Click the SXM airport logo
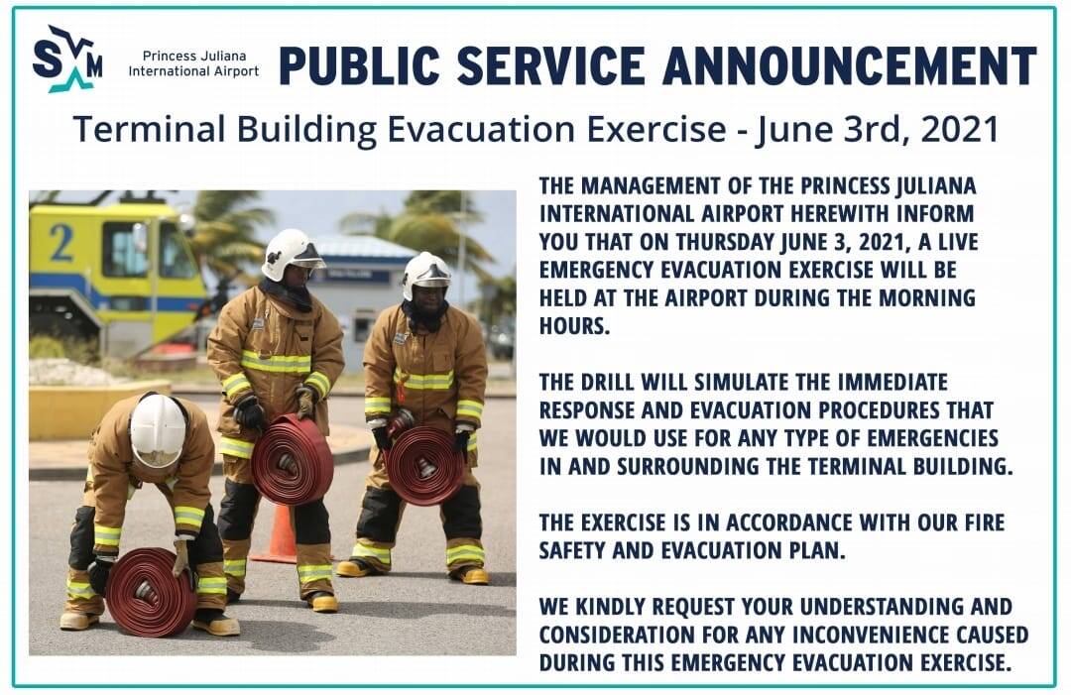[67, 59]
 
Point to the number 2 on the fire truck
[62, 242]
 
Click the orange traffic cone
[280, 533]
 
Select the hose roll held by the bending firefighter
[151, 591]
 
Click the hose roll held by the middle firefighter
[292, 459]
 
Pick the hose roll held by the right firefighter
[424, 465]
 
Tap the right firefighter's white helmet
[426, 277]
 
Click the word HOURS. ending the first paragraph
[574, 326]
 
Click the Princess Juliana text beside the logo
[194, 56]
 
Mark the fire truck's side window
[126, 249]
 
